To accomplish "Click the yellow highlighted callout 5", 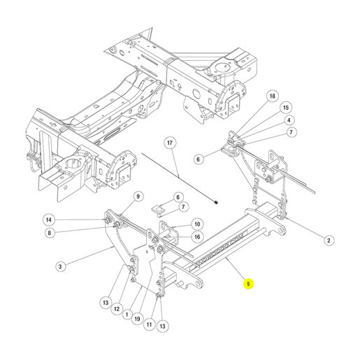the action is tap(248, 284).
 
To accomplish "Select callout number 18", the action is tap(272, 96).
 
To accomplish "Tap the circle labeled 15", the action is tap(286, 108).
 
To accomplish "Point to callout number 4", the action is tap(289, 120).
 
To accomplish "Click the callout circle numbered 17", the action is tap(170, 143).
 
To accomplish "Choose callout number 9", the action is tap(138, 196).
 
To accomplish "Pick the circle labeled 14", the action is tap(49, 219).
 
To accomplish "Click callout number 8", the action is tap(50, 232).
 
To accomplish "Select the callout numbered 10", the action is tap(197, 224).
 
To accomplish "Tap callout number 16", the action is tap(197, 237).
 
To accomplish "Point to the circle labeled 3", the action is tap(60, 266).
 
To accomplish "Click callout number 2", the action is tap(329, 240).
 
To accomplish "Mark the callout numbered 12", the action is tap(117, 309).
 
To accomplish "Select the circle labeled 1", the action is tap(127, 315).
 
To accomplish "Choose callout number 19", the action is tap(138, 319).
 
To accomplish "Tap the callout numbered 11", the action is tap(150, 324).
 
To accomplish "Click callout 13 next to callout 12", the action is tap(106, 303).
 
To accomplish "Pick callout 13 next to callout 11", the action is tap(162, 326).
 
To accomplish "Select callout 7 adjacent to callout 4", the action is tap(291, 132).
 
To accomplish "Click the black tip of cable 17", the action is tap(216, 202).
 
